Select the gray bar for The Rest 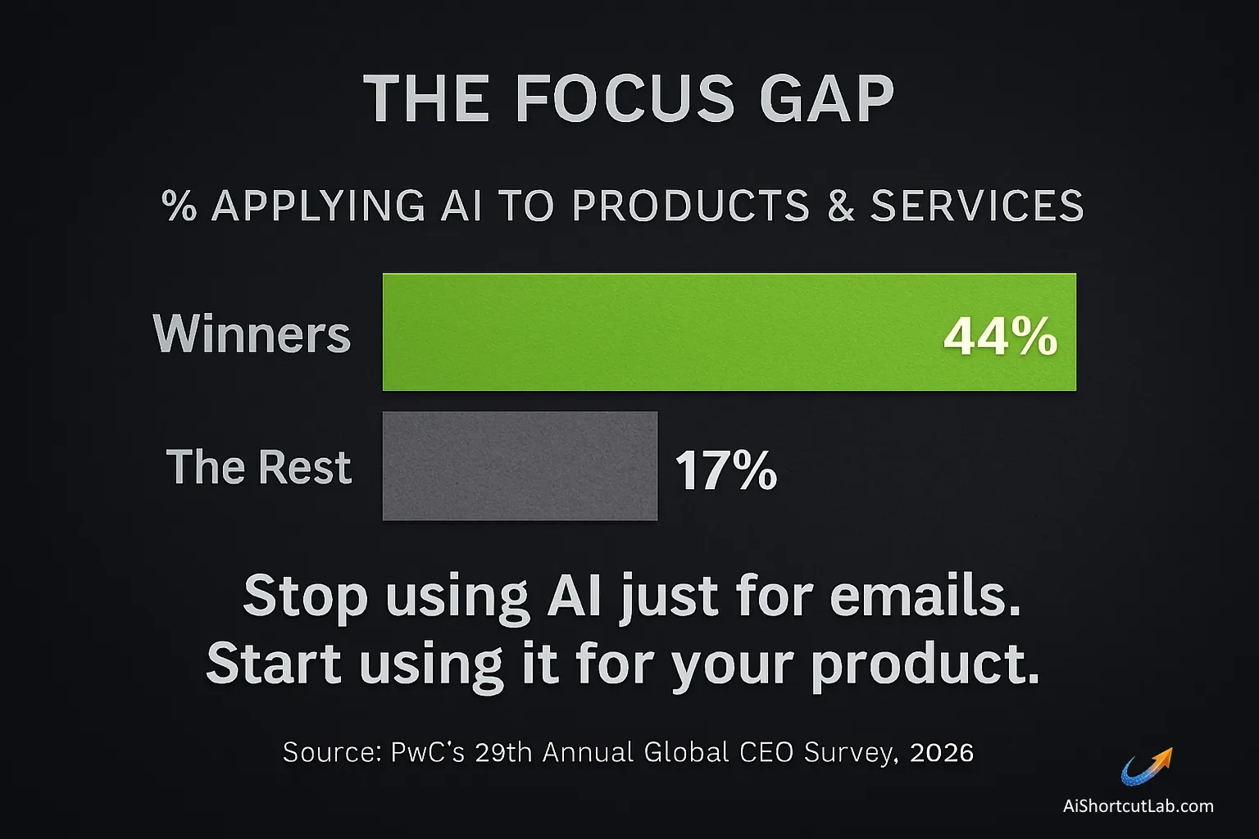(520, 465)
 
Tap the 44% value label (1000, 336)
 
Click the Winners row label (252, 334)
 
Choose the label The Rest (259, 467)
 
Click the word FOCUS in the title (625, 99)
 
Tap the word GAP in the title (828, 99)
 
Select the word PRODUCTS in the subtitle (691, 206)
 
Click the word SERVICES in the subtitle (977, 206)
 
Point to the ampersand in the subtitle (840, 206)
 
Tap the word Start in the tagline (274, 664)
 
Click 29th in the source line (500, 752)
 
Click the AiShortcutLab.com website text (1138, 805)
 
